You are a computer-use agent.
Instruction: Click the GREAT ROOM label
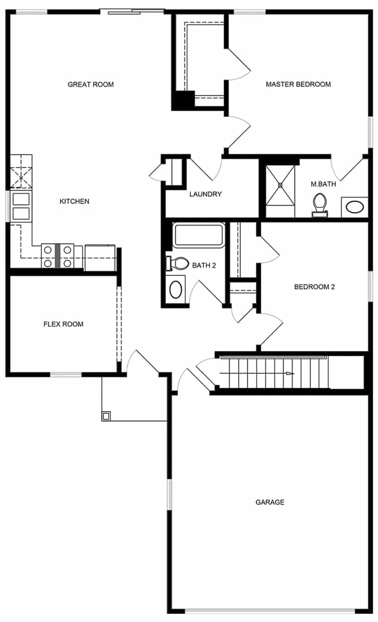(x=91, y=84)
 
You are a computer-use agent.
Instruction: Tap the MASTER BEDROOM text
(x=298, y=84)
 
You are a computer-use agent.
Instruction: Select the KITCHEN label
(x=74, y=201)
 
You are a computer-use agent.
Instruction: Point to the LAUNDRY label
(x=205, y=194)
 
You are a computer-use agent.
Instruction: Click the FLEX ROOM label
(x=63, y=324)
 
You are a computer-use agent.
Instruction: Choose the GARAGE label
(x=270, y=502)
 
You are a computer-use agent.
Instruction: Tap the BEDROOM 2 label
(x=314, y=287)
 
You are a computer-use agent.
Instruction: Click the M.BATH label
(x=323, y=184)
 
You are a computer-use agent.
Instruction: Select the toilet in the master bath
(x=320, y=205)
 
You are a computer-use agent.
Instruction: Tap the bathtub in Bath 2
(x=199, y=235)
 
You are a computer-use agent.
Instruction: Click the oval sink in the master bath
(x=354, y=207)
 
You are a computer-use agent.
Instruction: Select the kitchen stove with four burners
(x=57, y=256)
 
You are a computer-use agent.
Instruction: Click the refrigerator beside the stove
(x=100, y=258)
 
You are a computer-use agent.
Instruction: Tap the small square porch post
(x=106, y=415)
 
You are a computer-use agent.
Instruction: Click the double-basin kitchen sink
(x=21, y=206)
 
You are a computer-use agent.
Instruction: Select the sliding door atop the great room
(x=132, y=11)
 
